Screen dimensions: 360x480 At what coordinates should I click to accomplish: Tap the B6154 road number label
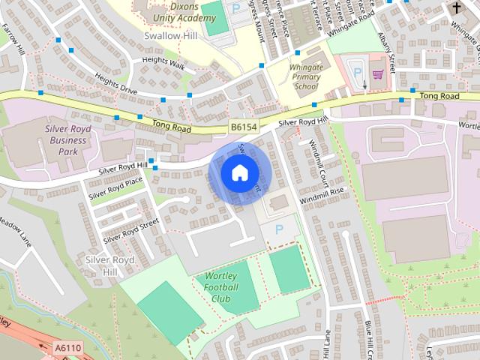[244, 127]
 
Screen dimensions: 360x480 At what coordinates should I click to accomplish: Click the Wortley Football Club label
[222, 287]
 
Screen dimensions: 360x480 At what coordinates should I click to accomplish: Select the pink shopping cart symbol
[377, 73]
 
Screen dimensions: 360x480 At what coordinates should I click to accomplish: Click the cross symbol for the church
[457, 7]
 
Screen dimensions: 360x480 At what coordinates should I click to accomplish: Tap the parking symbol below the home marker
[280, 229]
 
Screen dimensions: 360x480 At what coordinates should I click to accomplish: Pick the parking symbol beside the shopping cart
[357, 73]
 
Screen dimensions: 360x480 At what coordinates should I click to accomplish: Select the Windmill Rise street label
[321, 198]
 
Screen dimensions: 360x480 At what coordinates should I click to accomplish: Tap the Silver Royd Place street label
[115, 187]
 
